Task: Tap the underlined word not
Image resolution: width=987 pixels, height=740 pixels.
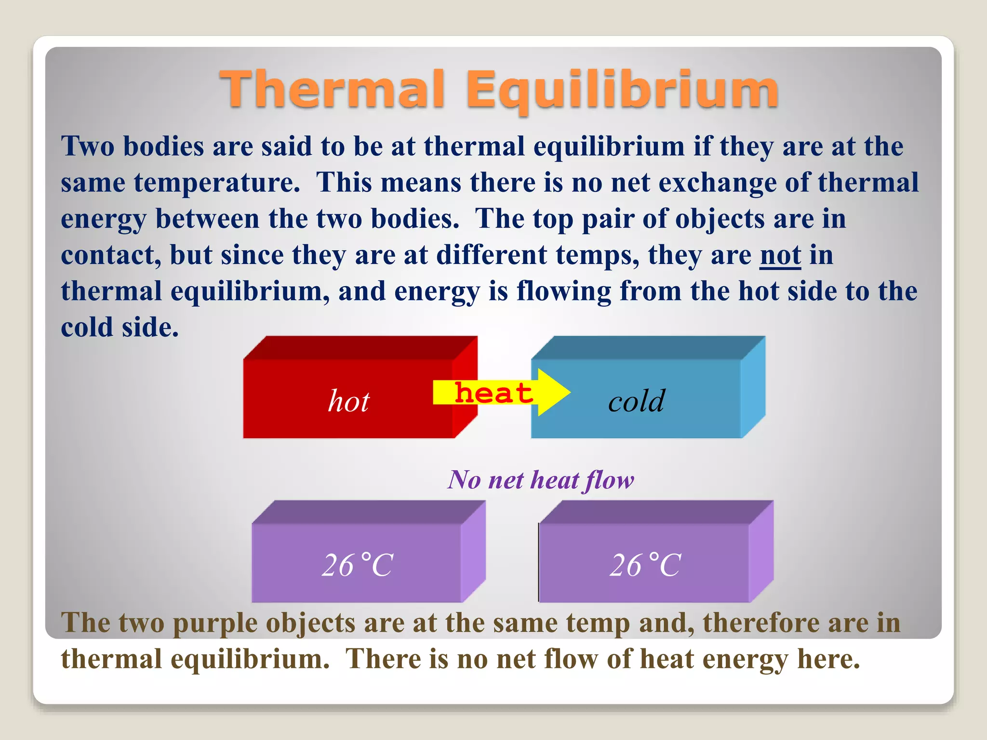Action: (780, 255)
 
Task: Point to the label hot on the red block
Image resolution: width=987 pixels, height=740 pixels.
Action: (348, 401)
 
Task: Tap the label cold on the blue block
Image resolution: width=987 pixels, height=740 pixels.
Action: (636, 401)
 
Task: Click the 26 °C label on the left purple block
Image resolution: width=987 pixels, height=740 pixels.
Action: (358, 565)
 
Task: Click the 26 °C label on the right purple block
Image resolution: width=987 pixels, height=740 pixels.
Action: (645, 565)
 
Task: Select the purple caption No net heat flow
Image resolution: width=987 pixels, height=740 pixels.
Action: (541, 480)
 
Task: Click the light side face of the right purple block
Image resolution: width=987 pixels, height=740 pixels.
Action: (761, 552)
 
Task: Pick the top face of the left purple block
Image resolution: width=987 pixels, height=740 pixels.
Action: (369, 512)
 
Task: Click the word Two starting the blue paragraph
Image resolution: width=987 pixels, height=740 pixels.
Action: (88, 146)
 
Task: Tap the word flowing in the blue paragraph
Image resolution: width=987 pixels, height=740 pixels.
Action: (563, 292)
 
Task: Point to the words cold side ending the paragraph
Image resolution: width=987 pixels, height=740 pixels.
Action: (120, 328)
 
